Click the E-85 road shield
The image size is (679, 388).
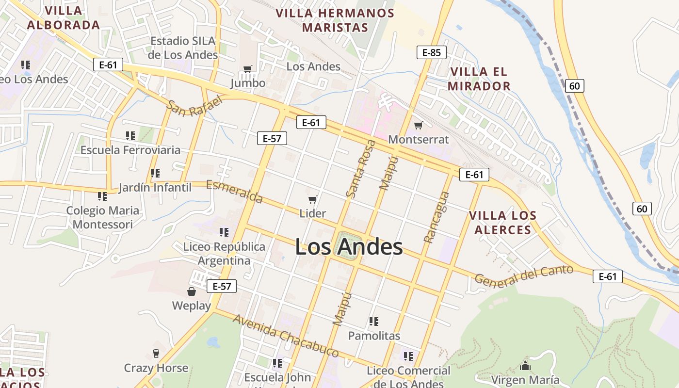pos(431,52)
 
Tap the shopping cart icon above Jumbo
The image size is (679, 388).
pos(248,69)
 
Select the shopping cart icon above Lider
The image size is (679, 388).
pos(313,199)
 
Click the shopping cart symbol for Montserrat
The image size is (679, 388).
pos(418,125)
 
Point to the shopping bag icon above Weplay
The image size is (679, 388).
pos(192,291)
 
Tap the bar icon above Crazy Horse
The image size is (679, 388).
pos(156,353)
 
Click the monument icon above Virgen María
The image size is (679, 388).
pos(525,365)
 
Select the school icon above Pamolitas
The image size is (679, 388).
pos(373,321)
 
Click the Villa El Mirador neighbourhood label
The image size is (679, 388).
pos(479,79)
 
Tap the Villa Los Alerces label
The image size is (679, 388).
pos(502,223)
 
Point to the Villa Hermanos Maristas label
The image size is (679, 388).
pos(335,20)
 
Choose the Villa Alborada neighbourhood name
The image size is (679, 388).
pos(63,18)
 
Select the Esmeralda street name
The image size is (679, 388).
pos(235,192)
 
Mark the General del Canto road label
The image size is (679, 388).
pos(524,275)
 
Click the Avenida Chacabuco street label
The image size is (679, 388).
pos(285,336)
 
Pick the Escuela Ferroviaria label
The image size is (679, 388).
pos(130,150)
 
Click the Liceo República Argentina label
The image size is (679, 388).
pos(224,254)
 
